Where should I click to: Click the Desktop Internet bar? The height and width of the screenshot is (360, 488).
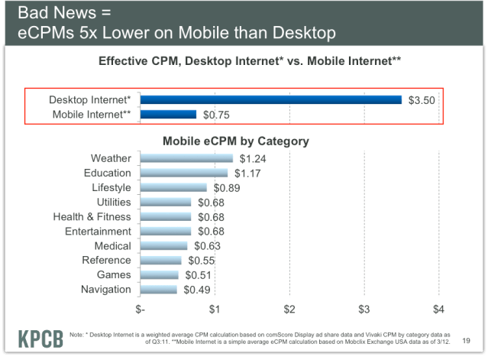pyautogui.click(x=270, y=99)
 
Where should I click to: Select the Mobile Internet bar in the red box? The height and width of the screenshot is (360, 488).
pyautogui.click(x=168, y=115)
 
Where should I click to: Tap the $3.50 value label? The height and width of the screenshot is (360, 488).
pyautogui.click(x=422, y=99)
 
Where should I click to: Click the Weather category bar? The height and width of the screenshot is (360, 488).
pyautogui.click(x=186, y=158)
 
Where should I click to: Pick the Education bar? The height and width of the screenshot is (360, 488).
pyautogui.click(x=183, y=173)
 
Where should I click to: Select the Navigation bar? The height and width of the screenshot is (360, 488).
pyautogui.click(x=158, y=289)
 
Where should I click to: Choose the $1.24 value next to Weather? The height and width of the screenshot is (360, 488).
pyautogui.click(x=252, y=159)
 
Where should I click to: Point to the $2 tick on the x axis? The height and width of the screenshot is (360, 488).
pyautogui.click(x=289, y=310)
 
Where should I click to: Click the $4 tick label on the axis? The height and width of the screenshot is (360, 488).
pyautogui.click(x=438, y=310)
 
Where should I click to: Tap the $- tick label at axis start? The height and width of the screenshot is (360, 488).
pyautogui.click(x=140, y=310)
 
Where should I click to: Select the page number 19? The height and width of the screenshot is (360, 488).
pyautogui.click(x=466, y=342)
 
